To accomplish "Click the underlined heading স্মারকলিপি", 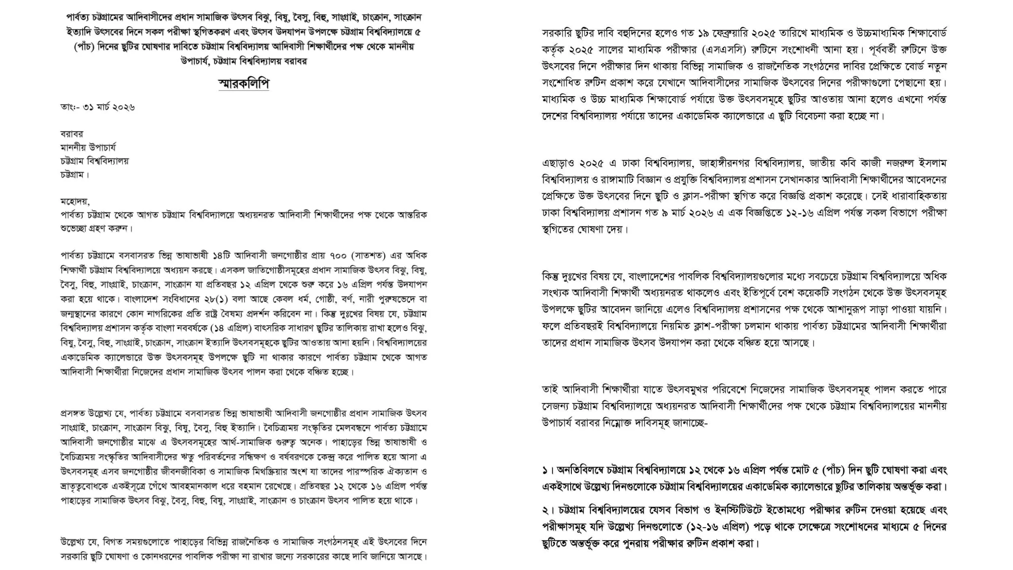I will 244,84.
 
